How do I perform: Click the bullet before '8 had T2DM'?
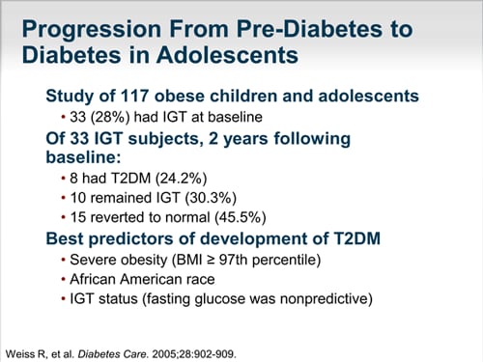pyautogui.click(x=67, y=179)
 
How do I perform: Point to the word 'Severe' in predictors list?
pyautogui.click(x=95, y=260)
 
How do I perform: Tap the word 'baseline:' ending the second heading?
pyautogui.click(x=84, y=157)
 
